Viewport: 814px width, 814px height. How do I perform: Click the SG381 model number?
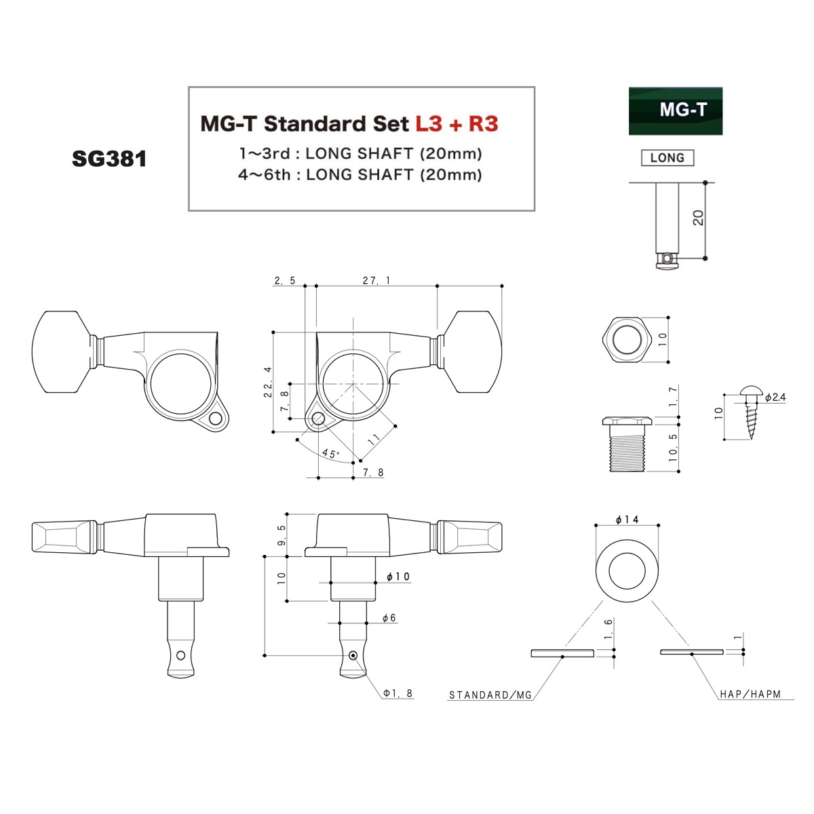click(x=109, y=159)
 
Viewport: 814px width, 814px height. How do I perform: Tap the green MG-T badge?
click(x=675, y=111)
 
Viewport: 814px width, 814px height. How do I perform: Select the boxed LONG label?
click(x=667, y=158)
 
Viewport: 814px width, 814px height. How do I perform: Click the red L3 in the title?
click(x=429, y=123)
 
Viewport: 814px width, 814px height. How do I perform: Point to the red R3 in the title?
click(x=483, y=123)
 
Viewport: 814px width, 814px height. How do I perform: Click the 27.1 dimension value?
click(x=376, y=280)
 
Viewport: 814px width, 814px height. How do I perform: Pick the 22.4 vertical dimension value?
click(x=268, y=382)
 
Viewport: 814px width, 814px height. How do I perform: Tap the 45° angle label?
click(x=330, y=454)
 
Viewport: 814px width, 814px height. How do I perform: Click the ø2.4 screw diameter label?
click(x=775, y=397)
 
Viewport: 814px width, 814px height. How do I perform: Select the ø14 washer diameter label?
click(x=627, y=520)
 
